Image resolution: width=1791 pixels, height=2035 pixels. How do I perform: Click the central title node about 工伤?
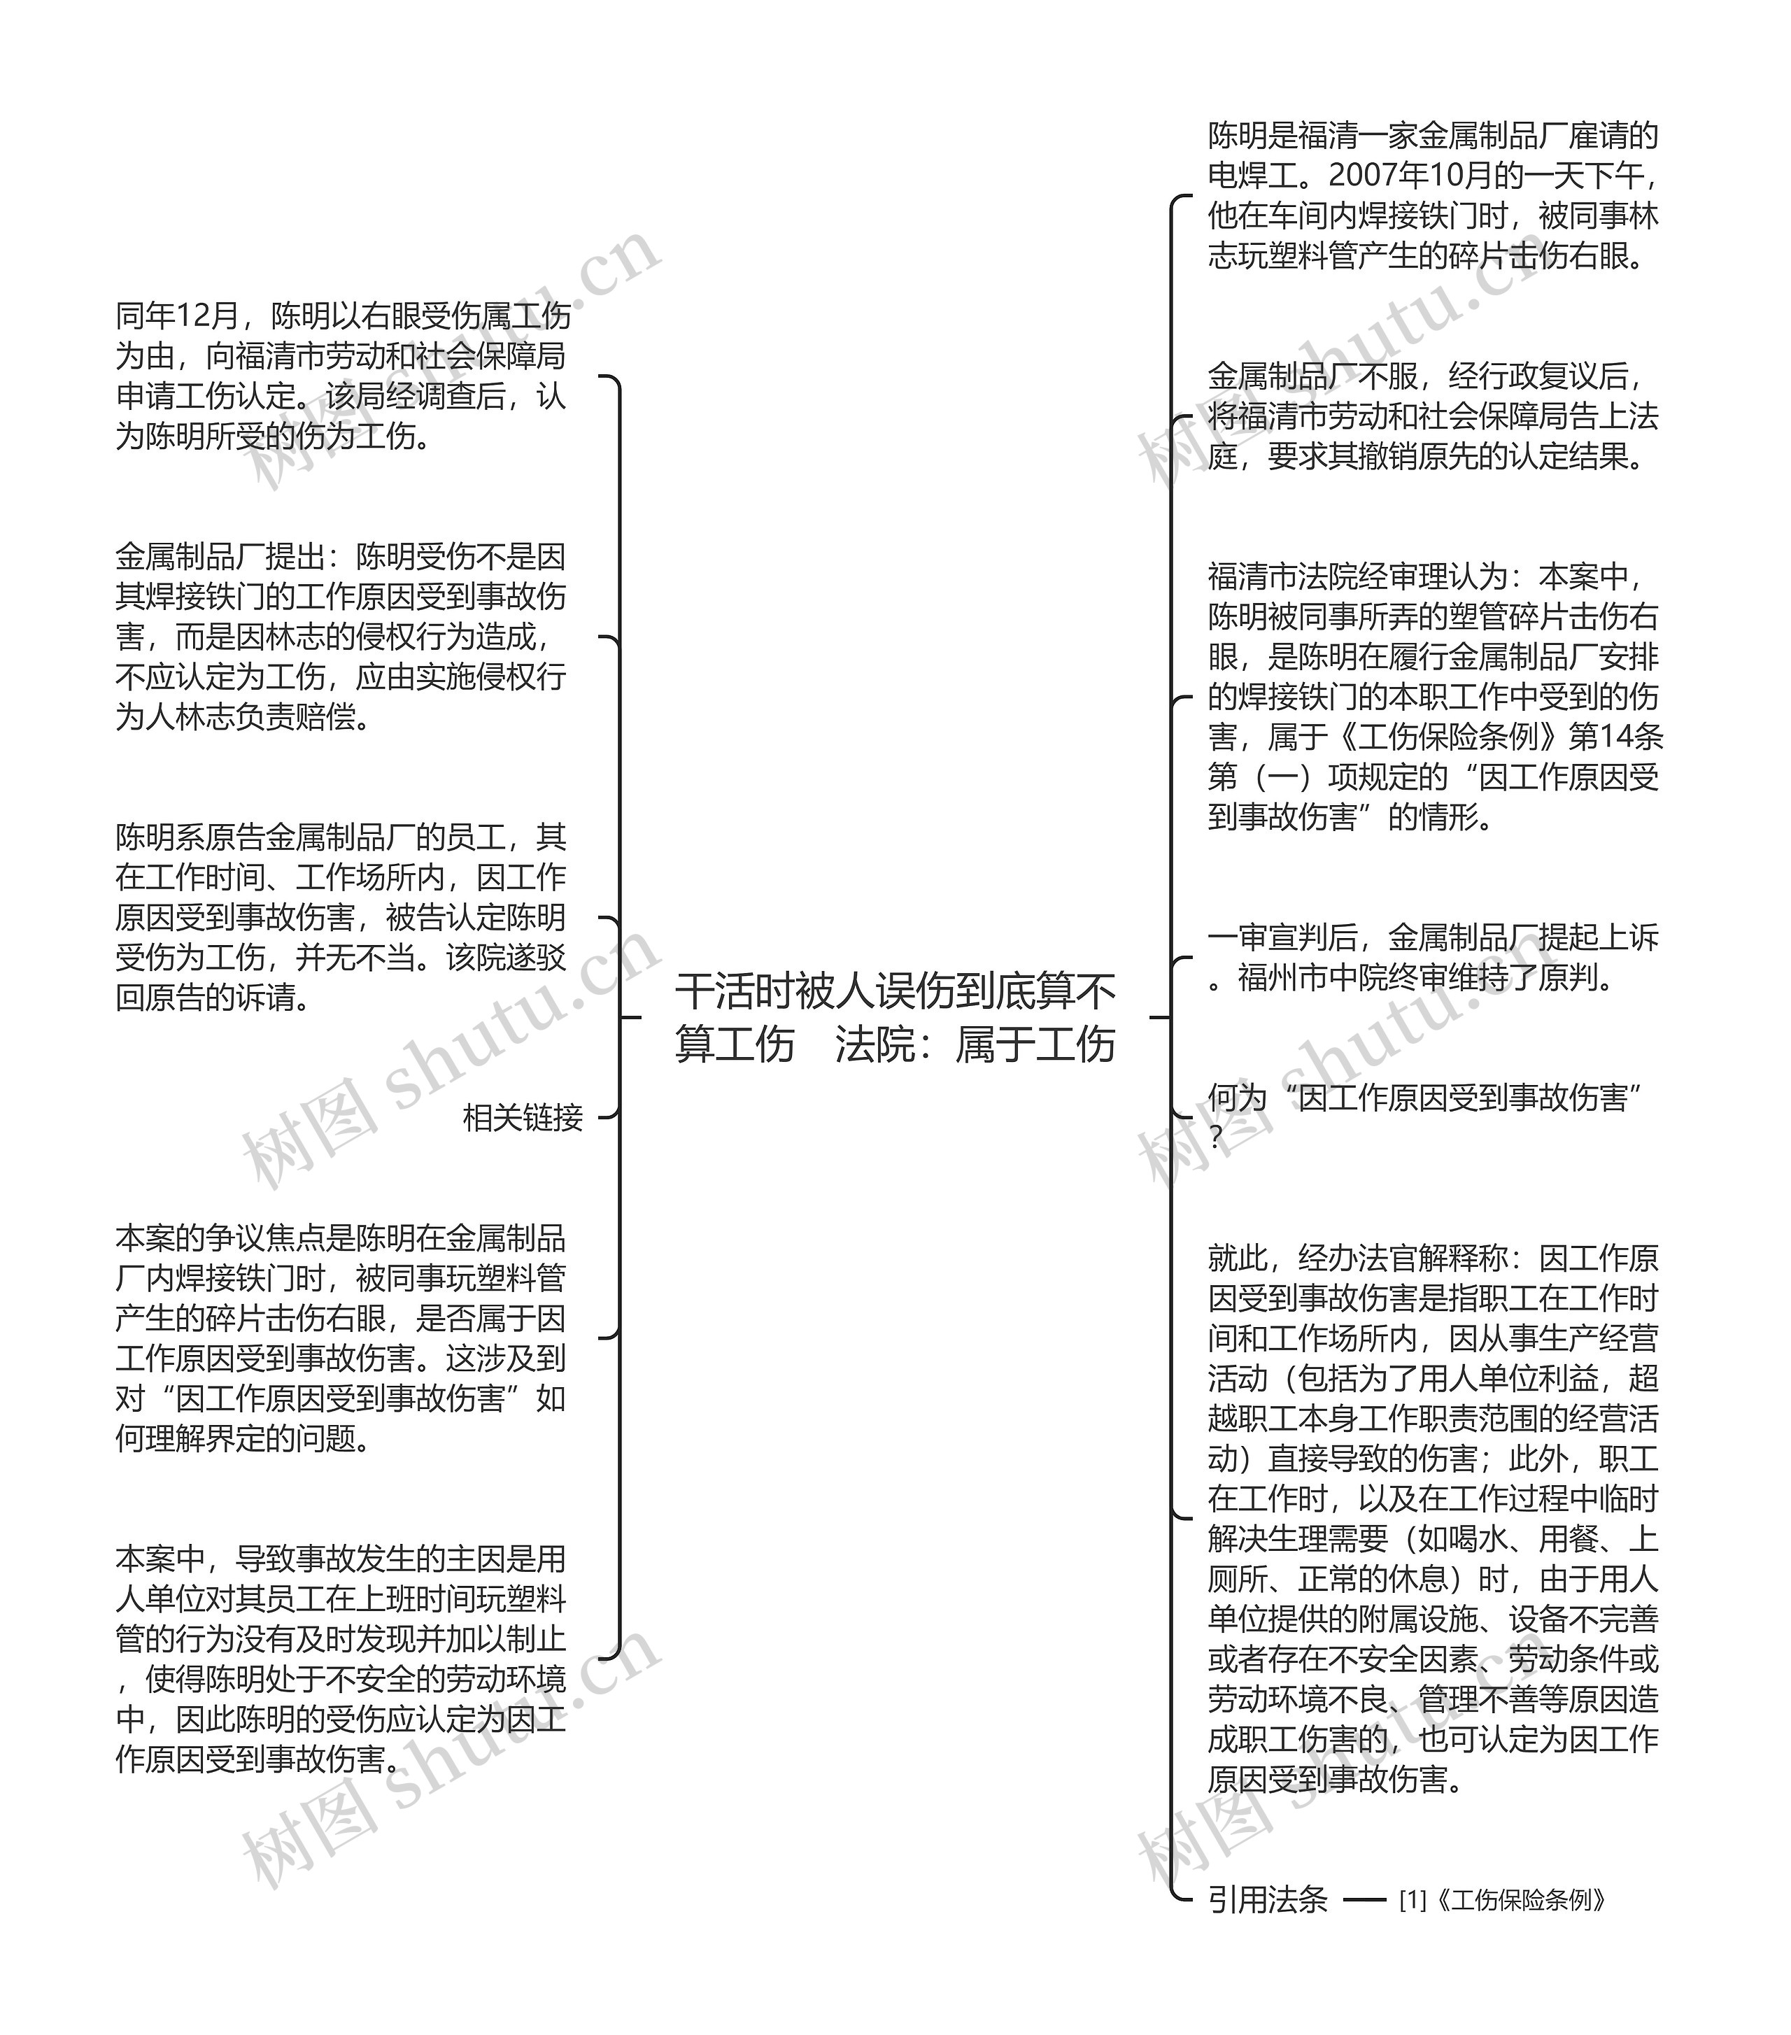pos(894,1017)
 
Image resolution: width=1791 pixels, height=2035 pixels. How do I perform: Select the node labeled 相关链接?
pos(523,1117)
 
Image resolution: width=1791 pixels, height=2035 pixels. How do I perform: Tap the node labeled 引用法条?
pos(1267,1899)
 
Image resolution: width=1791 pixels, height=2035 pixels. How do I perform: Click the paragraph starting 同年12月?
pos(341,376)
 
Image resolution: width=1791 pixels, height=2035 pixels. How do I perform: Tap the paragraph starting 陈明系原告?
pos(341,917)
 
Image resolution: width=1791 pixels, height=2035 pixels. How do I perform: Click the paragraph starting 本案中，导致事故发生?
pos(341,1658)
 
